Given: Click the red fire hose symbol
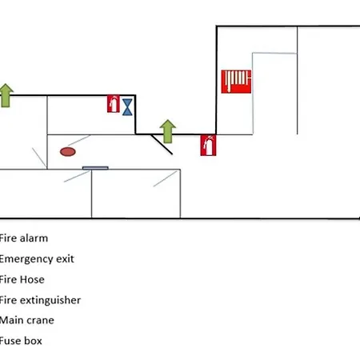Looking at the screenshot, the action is [x=236, y=82].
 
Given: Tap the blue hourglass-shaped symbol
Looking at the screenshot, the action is [x=127, y=107].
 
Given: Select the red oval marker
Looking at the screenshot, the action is [x=68, y=152].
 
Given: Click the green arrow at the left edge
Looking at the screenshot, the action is [x=6, y=95].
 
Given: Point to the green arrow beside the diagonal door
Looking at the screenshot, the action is [x=168, y=131].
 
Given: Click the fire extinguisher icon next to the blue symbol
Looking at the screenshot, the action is [x=114, y=103].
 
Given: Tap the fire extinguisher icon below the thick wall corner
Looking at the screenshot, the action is [x=208, y=146].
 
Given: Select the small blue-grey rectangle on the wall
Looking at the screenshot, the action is [x=95, y=168].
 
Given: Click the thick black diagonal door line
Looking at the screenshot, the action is [x=162, y=144].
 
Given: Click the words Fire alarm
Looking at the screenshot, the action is [x=23, y=238].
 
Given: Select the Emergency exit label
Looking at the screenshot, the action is [x=37, y=259].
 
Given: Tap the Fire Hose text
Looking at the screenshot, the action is [x=22, y=279].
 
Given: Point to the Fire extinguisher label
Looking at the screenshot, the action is [x=40, y=300].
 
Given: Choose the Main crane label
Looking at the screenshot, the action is [x=26, y=320].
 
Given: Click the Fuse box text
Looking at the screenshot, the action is [x=21, y=341].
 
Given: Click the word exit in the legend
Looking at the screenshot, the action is [x=65, y=259].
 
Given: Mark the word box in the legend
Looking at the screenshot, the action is [x=34, y=341].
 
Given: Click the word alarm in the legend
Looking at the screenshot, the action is [x=34, y=238].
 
